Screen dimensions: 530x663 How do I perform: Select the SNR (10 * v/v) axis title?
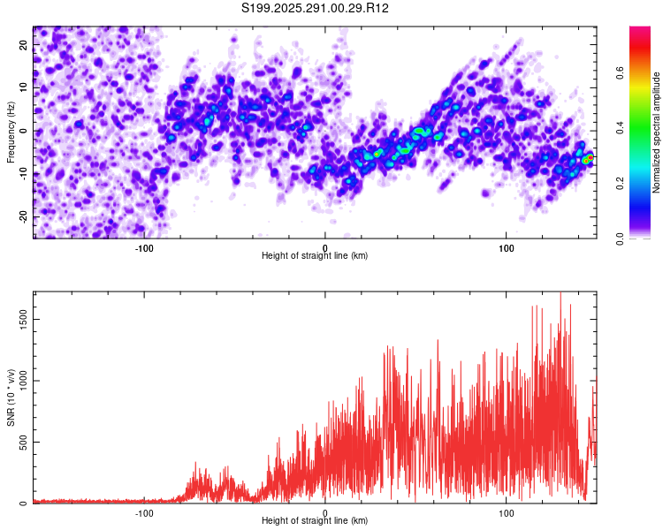tap(11, 397)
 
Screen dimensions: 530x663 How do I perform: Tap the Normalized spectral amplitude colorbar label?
tap(657, 132)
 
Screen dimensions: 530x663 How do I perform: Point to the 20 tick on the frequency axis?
tap(24, 44)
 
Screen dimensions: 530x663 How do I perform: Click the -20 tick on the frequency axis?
tap(24, 216)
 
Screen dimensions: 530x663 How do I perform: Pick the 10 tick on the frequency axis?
tap(24, 87)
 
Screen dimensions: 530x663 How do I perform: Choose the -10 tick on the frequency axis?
tap(24, 174)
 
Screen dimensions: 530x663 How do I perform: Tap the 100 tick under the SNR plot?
tap(507, 512)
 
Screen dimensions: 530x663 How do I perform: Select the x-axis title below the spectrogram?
tap(316, 256)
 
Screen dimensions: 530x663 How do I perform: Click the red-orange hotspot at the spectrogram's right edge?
tap(587, 159)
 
